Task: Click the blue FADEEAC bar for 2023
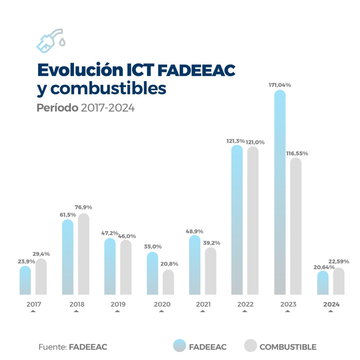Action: click(x=280, y=193)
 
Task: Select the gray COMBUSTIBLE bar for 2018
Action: click(x=84, y=254)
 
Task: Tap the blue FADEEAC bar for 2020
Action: click(x=153, y=274)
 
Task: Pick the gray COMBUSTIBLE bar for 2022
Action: click(x=253, y=220)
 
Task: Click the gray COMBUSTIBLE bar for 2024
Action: click(x=339, y=281)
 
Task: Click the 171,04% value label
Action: click(x=279, y=85)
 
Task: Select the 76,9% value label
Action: click(x=83, y=207)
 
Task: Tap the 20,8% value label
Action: click(x=169, y=264)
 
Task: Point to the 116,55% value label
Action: click(x=297, y=153)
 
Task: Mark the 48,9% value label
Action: click(x=194, y=231)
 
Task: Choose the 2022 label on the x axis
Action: click(x=245, y=305)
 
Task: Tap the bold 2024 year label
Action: click(x=331, y=305)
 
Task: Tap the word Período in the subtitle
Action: click(x=57, y=108)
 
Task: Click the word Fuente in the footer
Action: click(x=52, y=347)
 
